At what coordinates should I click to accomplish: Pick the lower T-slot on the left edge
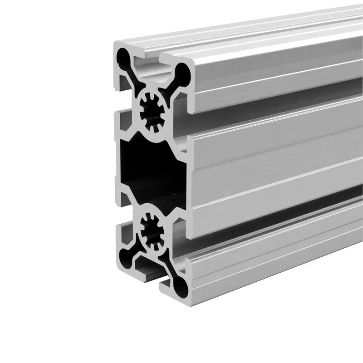click(x=122, y=213)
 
